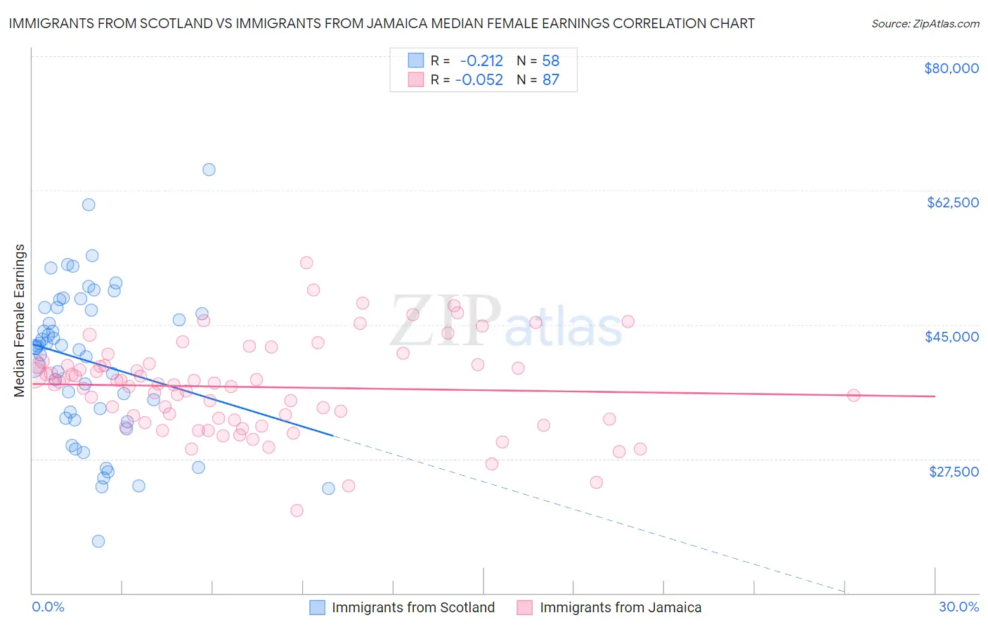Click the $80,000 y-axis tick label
pyautogui.click(x=951, y=68)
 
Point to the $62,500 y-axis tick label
pyautogui.click(x=952, y=202)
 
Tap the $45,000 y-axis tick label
pyautogui.click(x=951, y=337)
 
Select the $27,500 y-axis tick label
pyautogui.click(x=954, y=472)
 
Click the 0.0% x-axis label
pyautogui.click(x=48, y=607)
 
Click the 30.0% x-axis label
pyautogui.click(x=958, y=607)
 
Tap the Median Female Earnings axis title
pyautogui.click(x=20, y=321)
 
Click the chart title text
pyautogui.click(x=382, y=23)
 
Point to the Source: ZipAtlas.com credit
pyautogui.click(x=925, y=23)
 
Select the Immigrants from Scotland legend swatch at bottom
pyautogui.click(x=318, y=607)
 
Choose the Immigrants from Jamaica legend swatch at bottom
pyautogui.click(x=525, y=607)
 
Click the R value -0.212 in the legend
pyautogui.click(x=481, y=61)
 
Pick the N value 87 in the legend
pyautogui.click(x=550, y=79)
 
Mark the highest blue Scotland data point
pyautogui.click(x=209, y=169)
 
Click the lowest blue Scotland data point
pyautogui.click(x=98, y=541)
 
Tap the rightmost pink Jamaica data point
pyautogui.click(x=853, y=395)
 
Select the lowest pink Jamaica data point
pyautogui.click(x=297, y=510)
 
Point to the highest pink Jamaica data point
pyautogui.click(x=306, y=263)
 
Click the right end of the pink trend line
pyautogui.click(x=935, y=396)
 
